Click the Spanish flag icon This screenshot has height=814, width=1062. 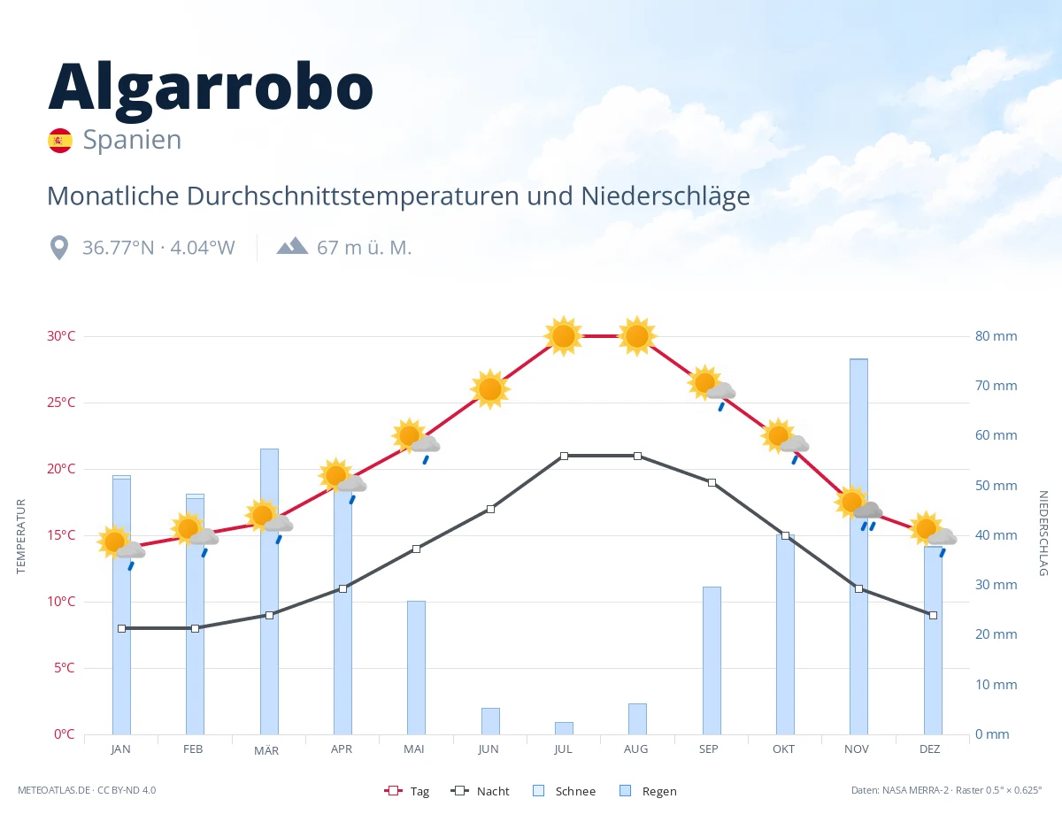(60, 141)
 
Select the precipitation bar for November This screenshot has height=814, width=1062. (858, 546)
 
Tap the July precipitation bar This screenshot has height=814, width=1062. (564, 728)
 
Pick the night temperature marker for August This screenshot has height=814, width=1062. (637, 456)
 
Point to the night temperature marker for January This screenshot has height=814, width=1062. (122, 628)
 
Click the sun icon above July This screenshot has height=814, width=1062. (564, 336)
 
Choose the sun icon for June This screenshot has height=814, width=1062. (490, 389)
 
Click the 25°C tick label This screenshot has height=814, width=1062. (61, 403)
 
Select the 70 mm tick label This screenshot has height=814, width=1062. (996, 386)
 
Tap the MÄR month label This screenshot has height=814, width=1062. (266, 750)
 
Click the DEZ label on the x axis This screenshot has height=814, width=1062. (929, 749)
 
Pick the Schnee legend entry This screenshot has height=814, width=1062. (565, 791)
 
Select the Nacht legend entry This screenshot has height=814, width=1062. (481, 791)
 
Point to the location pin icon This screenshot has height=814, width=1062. (59, 248)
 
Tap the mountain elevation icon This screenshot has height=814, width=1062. (292, 246)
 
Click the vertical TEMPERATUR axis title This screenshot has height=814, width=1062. (20, 536)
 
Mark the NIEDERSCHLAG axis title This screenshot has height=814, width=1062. (1043, 533)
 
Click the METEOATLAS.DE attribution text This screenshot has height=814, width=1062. (54, 790)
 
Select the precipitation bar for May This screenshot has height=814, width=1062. (417, 667)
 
